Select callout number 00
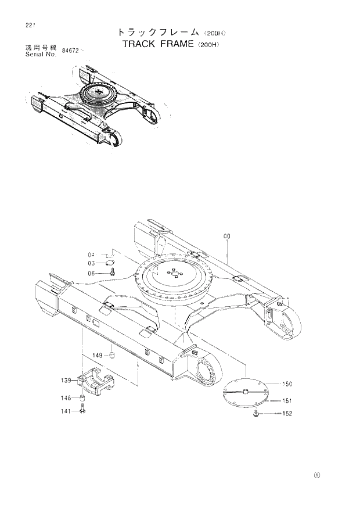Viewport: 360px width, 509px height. click(226, 236)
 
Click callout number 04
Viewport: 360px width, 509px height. click(91, 254)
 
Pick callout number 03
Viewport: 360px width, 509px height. click(91, 263)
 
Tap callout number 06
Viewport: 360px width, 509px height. click(91, 273)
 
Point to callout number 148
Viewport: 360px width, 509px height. click(67, 398)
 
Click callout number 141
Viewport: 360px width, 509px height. click(67, 411)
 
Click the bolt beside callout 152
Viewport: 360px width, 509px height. click(256, 413)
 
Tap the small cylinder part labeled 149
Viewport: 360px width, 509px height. click(112, 355)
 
